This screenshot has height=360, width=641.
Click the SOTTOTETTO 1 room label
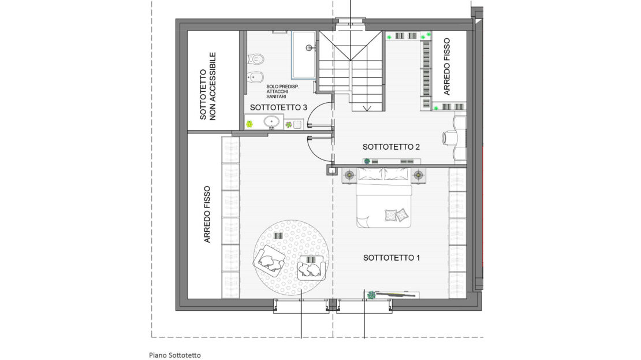pos(391,258)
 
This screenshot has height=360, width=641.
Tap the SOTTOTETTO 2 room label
pos(391,147)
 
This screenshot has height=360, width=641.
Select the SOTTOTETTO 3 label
pos(278,107)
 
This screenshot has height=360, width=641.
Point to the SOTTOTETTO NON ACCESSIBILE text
pos(208,86)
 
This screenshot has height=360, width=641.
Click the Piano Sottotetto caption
pos(174,355)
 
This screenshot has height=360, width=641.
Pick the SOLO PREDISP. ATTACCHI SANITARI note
pos(282,92)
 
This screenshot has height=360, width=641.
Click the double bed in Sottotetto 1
pos(383,197)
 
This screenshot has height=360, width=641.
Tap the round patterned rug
pos(292,258)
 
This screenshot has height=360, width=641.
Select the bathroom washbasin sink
pos(271,121)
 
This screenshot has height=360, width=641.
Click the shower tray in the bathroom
pos(303,55)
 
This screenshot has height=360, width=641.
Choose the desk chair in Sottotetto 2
pos(450,138)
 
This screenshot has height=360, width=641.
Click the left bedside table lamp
pos(349,175)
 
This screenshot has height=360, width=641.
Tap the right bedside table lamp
pos(418,175)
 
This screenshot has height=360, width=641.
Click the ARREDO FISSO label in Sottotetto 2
pos(446,66)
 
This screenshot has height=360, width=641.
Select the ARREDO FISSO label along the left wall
pos(207,214)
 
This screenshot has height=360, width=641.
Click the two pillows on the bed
pos(397,215)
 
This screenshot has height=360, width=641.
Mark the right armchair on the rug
pos(312,268)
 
